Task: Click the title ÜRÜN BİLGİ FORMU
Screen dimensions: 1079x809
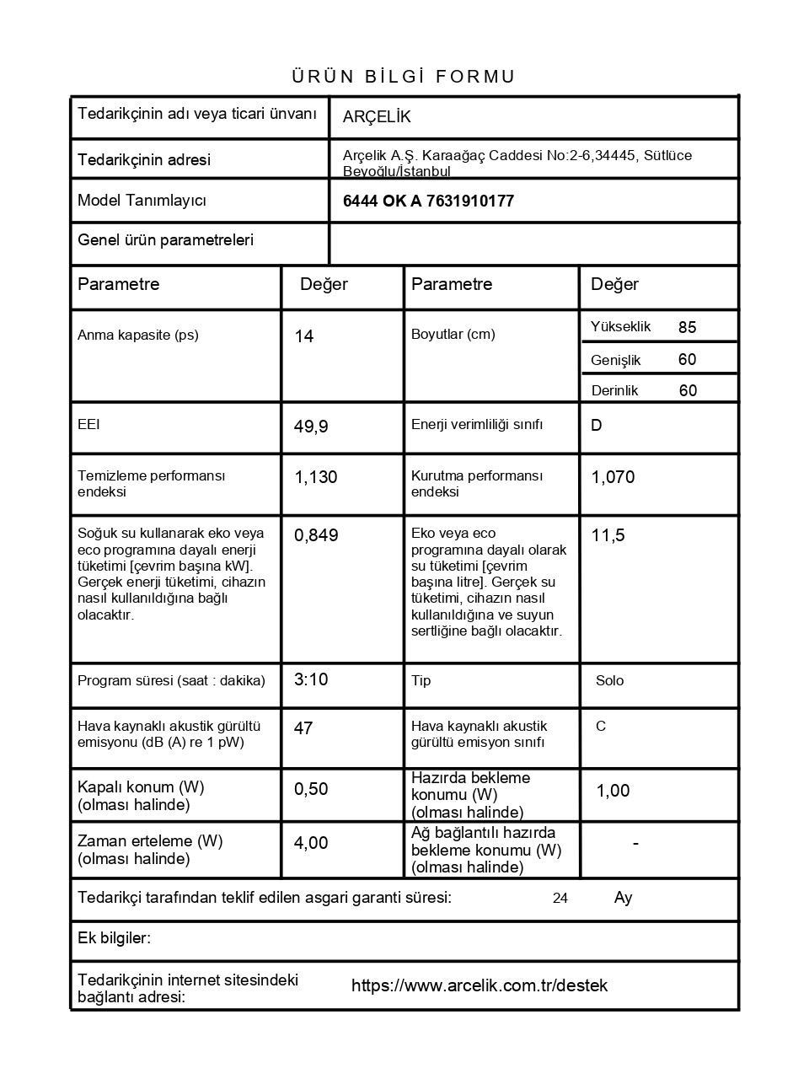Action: pos(404,77)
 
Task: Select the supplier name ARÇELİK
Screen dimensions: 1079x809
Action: pos(377,117)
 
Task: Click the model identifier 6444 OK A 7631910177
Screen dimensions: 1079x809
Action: pos(428,201)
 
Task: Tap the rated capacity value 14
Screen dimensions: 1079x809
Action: pos(304,336)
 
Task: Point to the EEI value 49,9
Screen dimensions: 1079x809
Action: pos(311,427)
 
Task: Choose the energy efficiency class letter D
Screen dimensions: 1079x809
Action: pos(597,426)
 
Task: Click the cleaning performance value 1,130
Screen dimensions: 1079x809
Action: pos(315,477)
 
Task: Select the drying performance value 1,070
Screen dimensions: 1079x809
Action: pos(613,477)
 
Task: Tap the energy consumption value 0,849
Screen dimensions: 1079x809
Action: pos(316,535)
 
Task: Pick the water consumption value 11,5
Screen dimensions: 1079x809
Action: pos(608,535)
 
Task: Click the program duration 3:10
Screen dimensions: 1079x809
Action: pos(311,679)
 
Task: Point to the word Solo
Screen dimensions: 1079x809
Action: pos(609,680)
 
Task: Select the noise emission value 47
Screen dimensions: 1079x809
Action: pos(303,727)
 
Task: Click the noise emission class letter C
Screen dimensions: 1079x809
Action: pos(601,726)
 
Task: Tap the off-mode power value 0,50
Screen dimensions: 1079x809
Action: pos(311,789)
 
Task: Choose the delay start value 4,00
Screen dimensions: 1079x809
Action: pos(311,843)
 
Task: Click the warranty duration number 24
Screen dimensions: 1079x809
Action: pos(560,899)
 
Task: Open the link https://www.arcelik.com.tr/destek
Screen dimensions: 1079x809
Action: pos(479,985)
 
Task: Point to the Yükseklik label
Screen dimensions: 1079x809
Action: pos(620,327)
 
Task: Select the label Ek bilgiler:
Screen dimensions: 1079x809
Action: pos(114,937)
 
